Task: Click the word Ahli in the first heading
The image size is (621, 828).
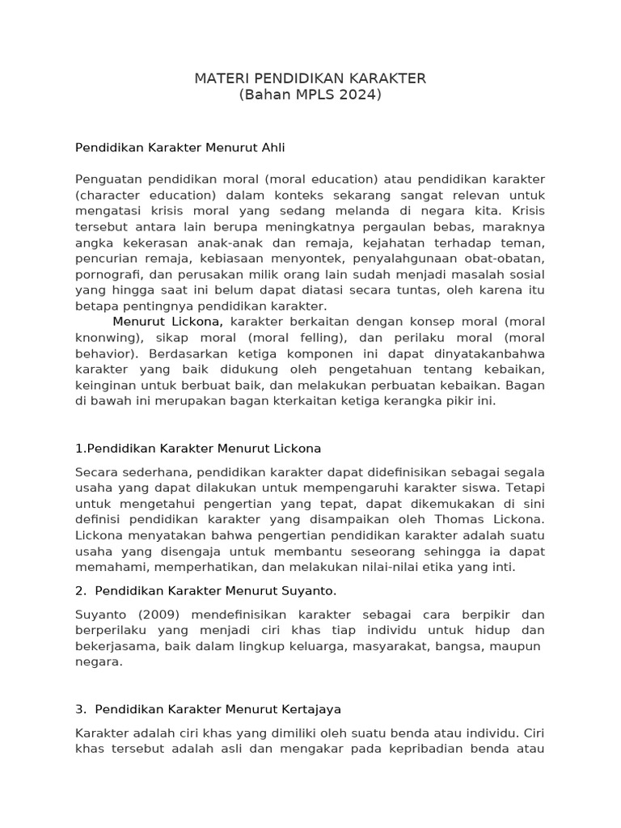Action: pyautogui.click(x=272, y=148)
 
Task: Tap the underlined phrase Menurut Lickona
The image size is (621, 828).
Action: pyautogui.click(x=167, y=321)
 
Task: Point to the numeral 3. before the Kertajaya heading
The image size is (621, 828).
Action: pyautogui.click(x=80, y=709)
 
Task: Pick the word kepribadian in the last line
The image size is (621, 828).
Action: pyautogui.click(x=443, y=748)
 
